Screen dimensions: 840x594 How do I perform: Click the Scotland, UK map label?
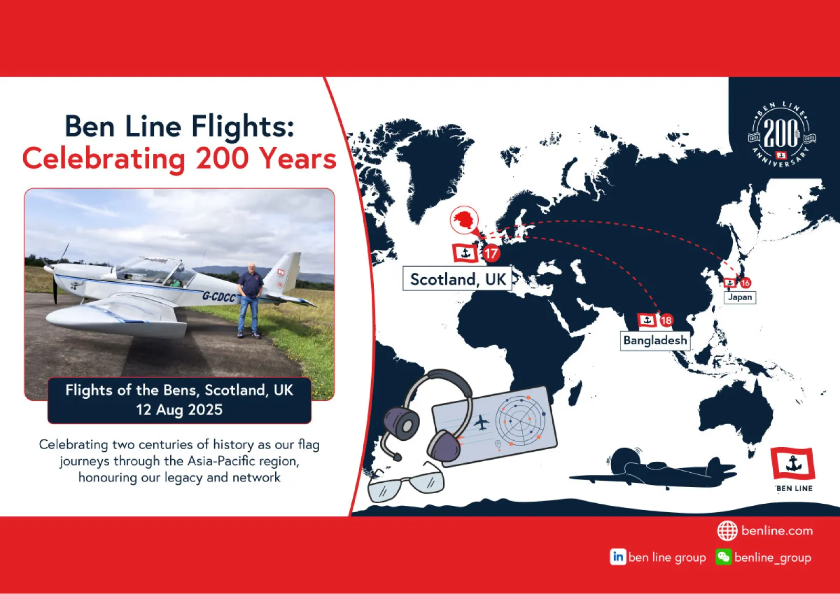pos(457,279)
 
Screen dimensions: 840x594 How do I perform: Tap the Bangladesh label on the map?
pos(655,341)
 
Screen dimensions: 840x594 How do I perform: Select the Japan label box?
pos(740,298)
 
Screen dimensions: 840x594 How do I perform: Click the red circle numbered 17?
pos(491,254)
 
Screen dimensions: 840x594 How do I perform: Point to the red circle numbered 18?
pos(666,321)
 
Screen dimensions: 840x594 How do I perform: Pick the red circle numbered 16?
pos(745,283)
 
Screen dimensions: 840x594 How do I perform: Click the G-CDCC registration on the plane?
pos(219,297)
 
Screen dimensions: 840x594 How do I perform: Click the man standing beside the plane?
pos(250,300)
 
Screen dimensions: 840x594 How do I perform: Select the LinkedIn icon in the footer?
pos(617,557)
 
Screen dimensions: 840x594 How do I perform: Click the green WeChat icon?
pos(723,557)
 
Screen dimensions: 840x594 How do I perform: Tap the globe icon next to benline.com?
pos(727,531)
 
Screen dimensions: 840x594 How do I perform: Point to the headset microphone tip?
pos(396,457)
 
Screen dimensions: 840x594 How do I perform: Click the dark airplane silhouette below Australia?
pos(653,469)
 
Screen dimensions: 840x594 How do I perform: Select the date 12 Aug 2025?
pos(179,410)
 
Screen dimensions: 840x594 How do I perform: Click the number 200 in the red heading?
pos(222,159)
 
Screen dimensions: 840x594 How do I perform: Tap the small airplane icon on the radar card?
pos(481,423)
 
